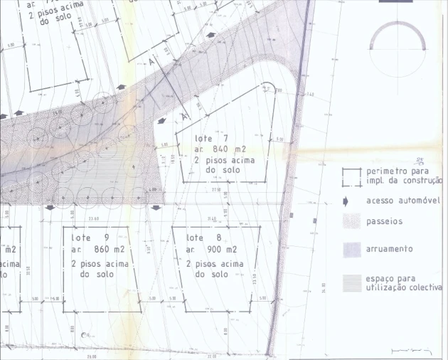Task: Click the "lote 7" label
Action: coord(210,137)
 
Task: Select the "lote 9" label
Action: coord(96,237)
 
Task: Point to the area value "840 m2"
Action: coord(230,149)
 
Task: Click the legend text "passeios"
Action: coord(384,222)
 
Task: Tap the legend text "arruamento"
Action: coord(390,249)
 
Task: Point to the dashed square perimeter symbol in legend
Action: coord(351,176)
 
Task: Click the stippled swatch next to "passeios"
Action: coord(351,221)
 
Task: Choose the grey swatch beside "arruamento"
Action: coord(351,249)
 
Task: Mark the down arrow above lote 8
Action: coord(156,208)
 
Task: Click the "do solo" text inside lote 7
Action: coord(220,171)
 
